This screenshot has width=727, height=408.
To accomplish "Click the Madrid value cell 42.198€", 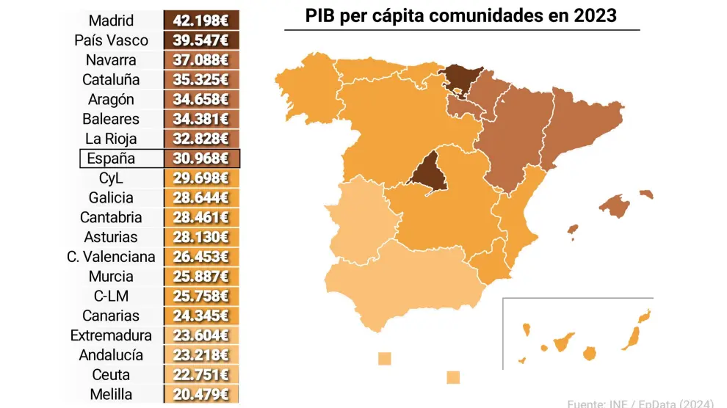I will [201, 20].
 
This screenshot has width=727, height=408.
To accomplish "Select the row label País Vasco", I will [111, 40].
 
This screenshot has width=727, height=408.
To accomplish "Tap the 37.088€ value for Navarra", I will [201, 59].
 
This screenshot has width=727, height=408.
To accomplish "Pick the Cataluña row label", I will [111, 79].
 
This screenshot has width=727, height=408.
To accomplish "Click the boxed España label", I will [111, 159].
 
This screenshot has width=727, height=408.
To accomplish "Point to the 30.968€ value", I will [201, 159].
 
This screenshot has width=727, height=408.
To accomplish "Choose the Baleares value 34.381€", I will [201, 119].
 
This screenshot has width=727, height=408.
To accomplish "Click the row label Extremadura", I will [111, 335].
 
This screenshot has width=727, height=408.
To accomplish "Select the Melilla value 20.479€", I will [201, 395].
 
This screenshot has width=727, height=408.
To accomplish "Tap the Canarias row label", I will [111, 316].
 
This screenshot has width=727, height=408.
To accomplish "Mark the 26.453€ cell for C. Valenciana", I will [201, 257].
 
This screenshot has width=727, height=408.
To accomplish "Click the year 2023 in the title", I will [596, 15].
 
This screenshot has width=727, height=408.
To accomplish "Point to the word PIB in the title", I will [320, 15].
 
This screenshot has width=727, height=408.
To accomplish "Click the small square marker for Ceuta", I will [384, 359].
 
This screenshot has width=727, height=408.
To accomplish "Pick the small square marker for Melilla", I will [453, 377].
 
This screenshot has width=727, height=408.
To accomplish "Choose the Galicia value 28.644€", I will [201, 197].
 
